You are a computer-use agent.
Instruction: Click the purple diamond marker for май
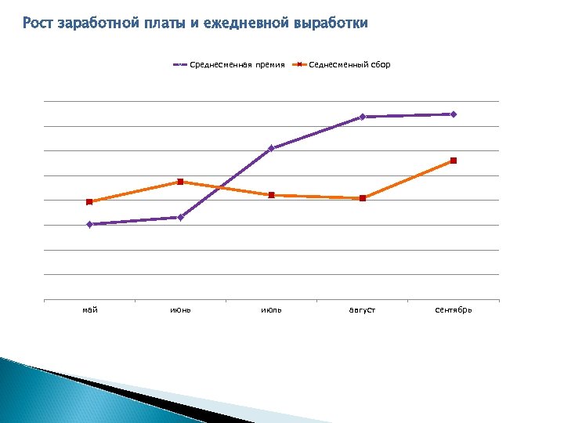coord(89,225)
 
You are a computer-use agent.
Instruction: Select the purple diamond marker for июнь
coord(180,217)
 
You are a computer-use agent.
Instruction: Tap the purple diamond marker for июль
coord(271,148)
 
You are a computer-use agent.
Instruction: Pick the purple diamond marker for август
coord(363,117)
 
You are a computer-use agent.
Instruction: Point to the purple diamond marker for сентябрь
coord(454,114)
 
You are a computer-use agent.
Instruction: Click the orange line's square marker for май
coord(89,202)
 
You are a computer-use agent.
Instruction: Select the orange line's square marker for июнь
coord(180,182)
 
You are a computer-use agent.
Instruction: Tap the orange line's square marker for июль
coord(271,195)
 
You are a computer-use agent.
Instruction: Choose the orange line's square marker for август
coord(363,198)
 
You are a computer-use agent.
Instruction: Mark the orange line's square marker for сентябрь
coord(454,161)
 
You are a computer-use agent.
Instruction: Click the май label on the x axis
coord(90,310)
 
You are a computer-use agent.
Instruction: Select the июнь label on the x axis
coord(181,310)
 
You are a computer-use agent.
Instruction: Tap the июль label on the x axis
coord(272,310)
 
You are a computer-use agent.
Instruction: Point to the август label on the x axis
coord(362,310)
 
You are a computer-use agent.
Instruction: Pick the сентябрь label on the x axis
coord(454,310)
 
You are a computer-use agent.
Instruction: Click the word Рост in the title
coord(38,23)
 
